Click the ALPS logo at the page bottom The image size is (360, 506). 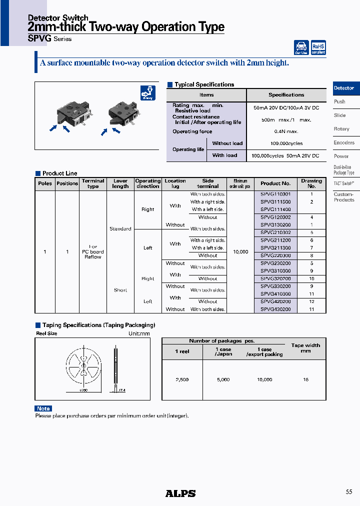(180, 493)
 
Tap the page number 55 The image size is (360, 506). (349, 492)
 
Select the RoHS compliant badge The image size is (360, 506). (318, 47)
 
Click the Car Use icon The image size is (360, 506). (301, 47)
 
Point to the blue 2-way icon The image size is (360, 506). (148, 93)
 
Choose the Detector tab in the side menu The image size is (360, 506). (344, 88)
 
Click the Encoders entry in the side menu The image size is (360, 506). (344, 142)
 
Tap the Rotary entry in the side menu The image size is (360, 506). (341, 129)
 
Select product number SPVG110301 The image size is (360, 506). (275, 194)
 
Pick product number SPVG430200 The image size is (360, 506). (275, 309)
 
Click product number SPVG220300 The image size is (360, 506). (275, 255)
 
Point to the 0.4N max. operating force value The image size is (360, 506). (286, 131)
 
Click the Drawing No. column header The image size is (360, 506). (311, 183)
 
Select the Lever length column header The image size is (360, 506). (120, 183)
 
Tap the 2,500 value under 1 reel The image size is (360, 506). (182, 380)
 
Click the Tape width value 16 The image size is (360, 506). (305, 380)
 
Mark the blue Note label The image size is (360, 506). (43, 408)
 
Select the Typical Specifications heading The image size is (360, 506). (204, 84)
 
